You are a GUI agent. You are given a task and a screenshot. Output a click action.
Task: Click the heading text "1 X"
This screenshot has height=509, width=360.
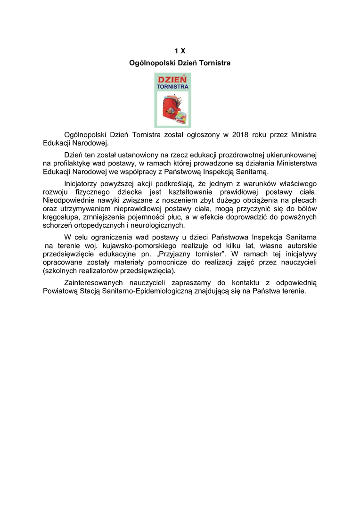180,50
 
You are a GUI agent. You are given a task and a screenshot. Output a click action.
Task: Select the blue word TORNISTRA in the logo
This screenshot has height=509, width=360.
172,87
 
